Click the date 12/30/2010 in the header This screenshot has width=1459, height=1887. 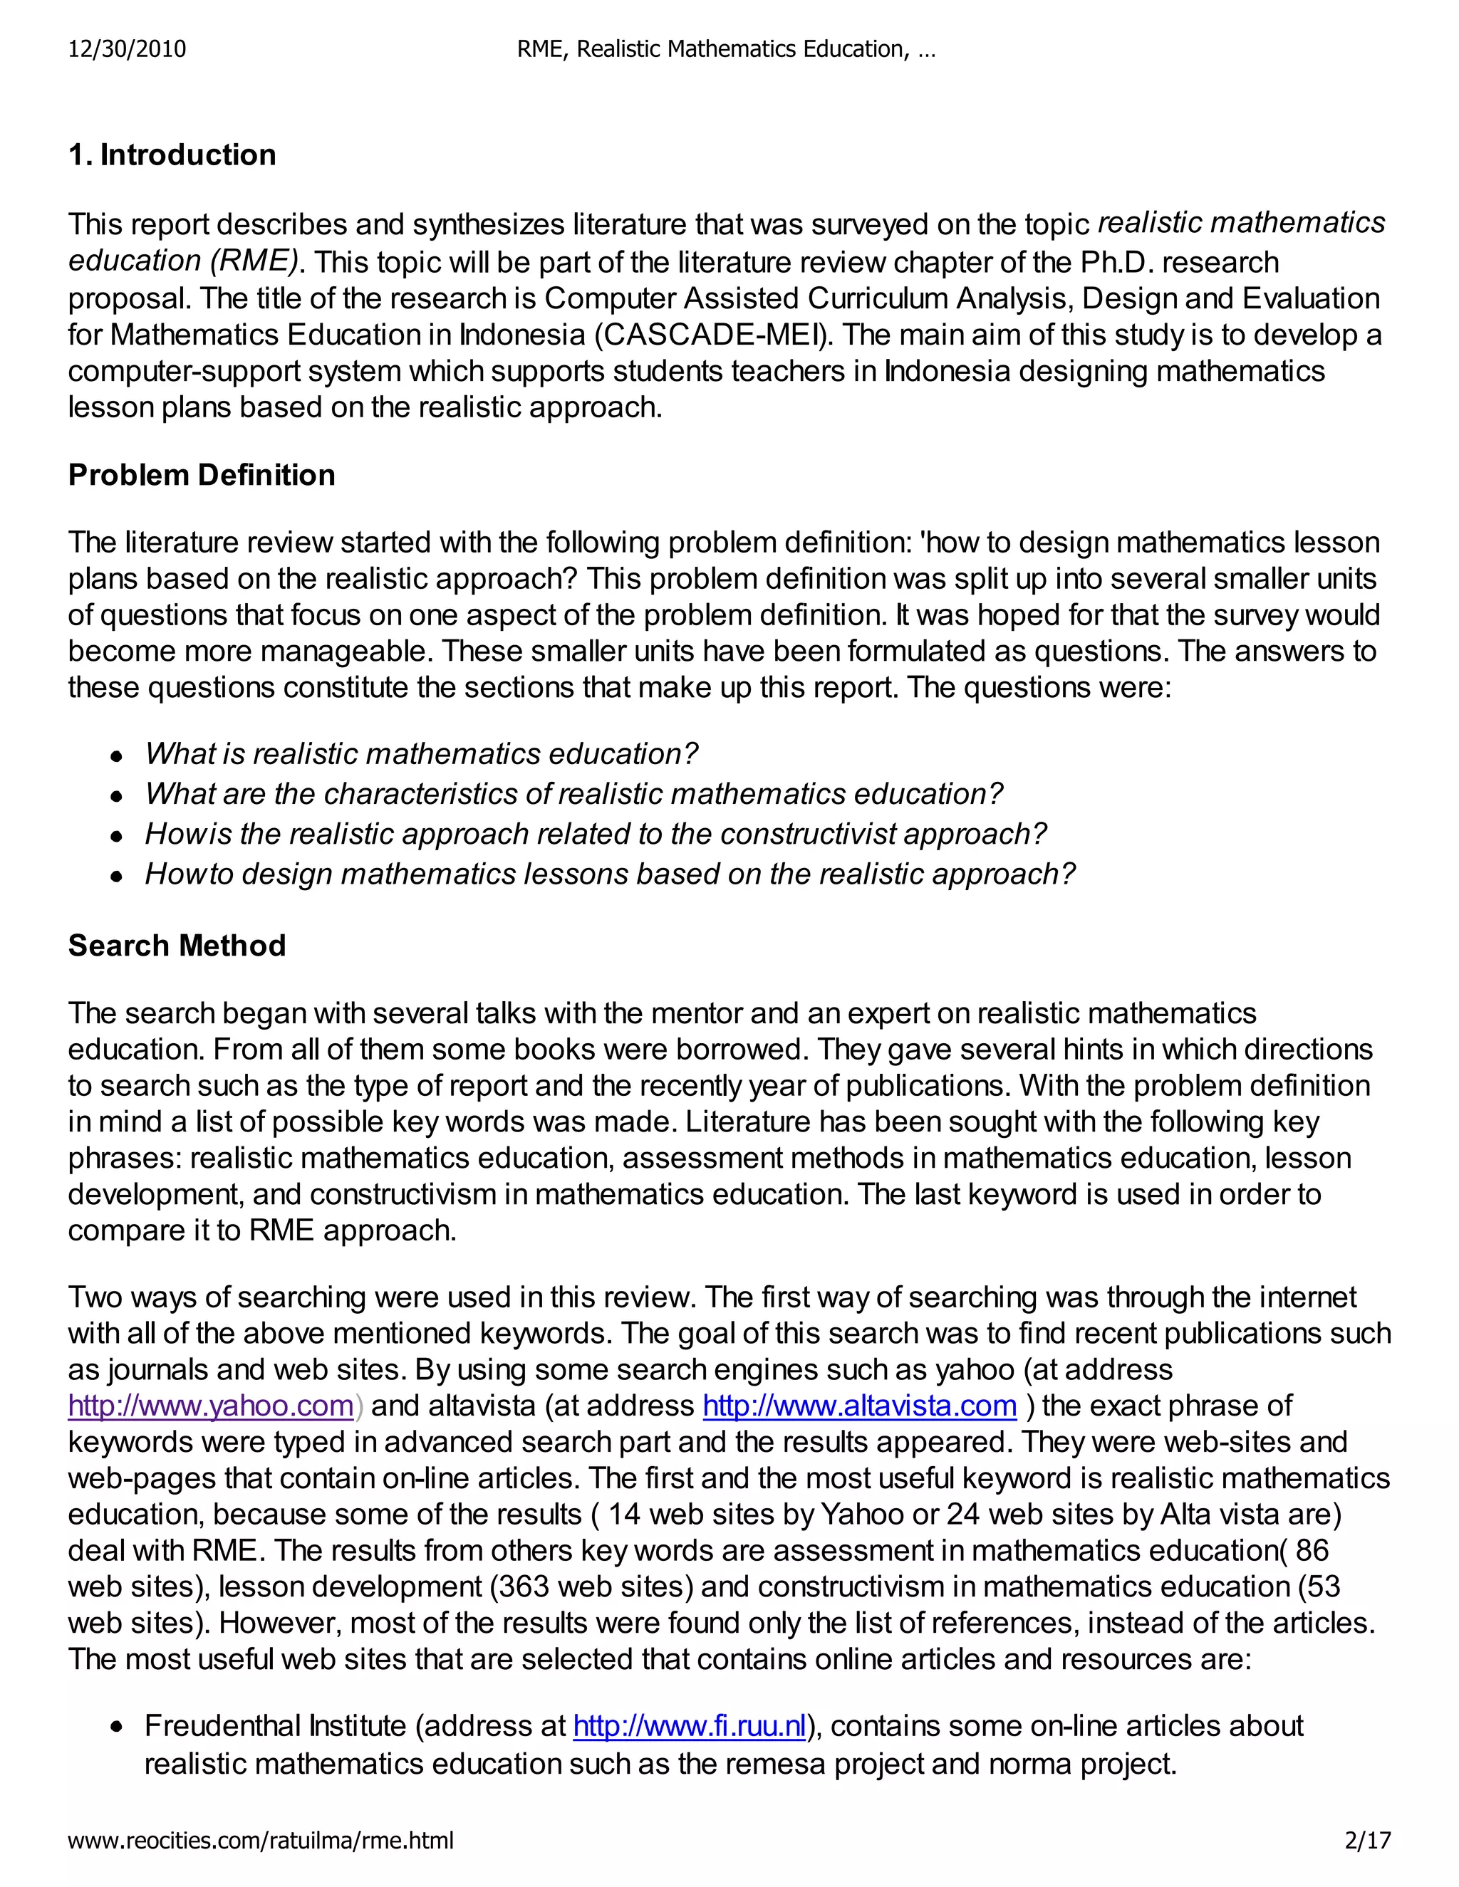click(127, 49)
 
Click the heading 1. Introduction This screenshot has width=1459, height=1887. click(172, 155)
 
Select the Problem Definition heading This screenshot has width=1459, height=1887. click(202, 474)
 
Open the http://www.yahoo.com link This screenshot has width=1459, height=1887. click(211, 1406)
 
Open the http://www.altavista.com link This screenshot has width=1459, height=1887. click(859, 1406)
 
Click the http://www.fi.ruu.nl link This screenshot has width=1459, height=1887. click(689, 1725)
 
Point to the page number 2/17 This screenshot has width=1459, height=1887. click(1369, 1840)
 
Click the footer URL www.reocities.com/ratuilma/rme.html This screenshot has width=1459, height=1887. click(260, 1840)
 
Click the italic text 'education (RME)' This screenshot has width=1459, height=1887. click(183, 261)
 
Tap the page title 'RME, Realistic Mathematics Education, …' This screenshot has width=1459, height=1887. click(726, 49)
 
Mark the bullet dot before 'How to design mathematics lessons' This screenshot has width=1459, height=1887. click(116, 875)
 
